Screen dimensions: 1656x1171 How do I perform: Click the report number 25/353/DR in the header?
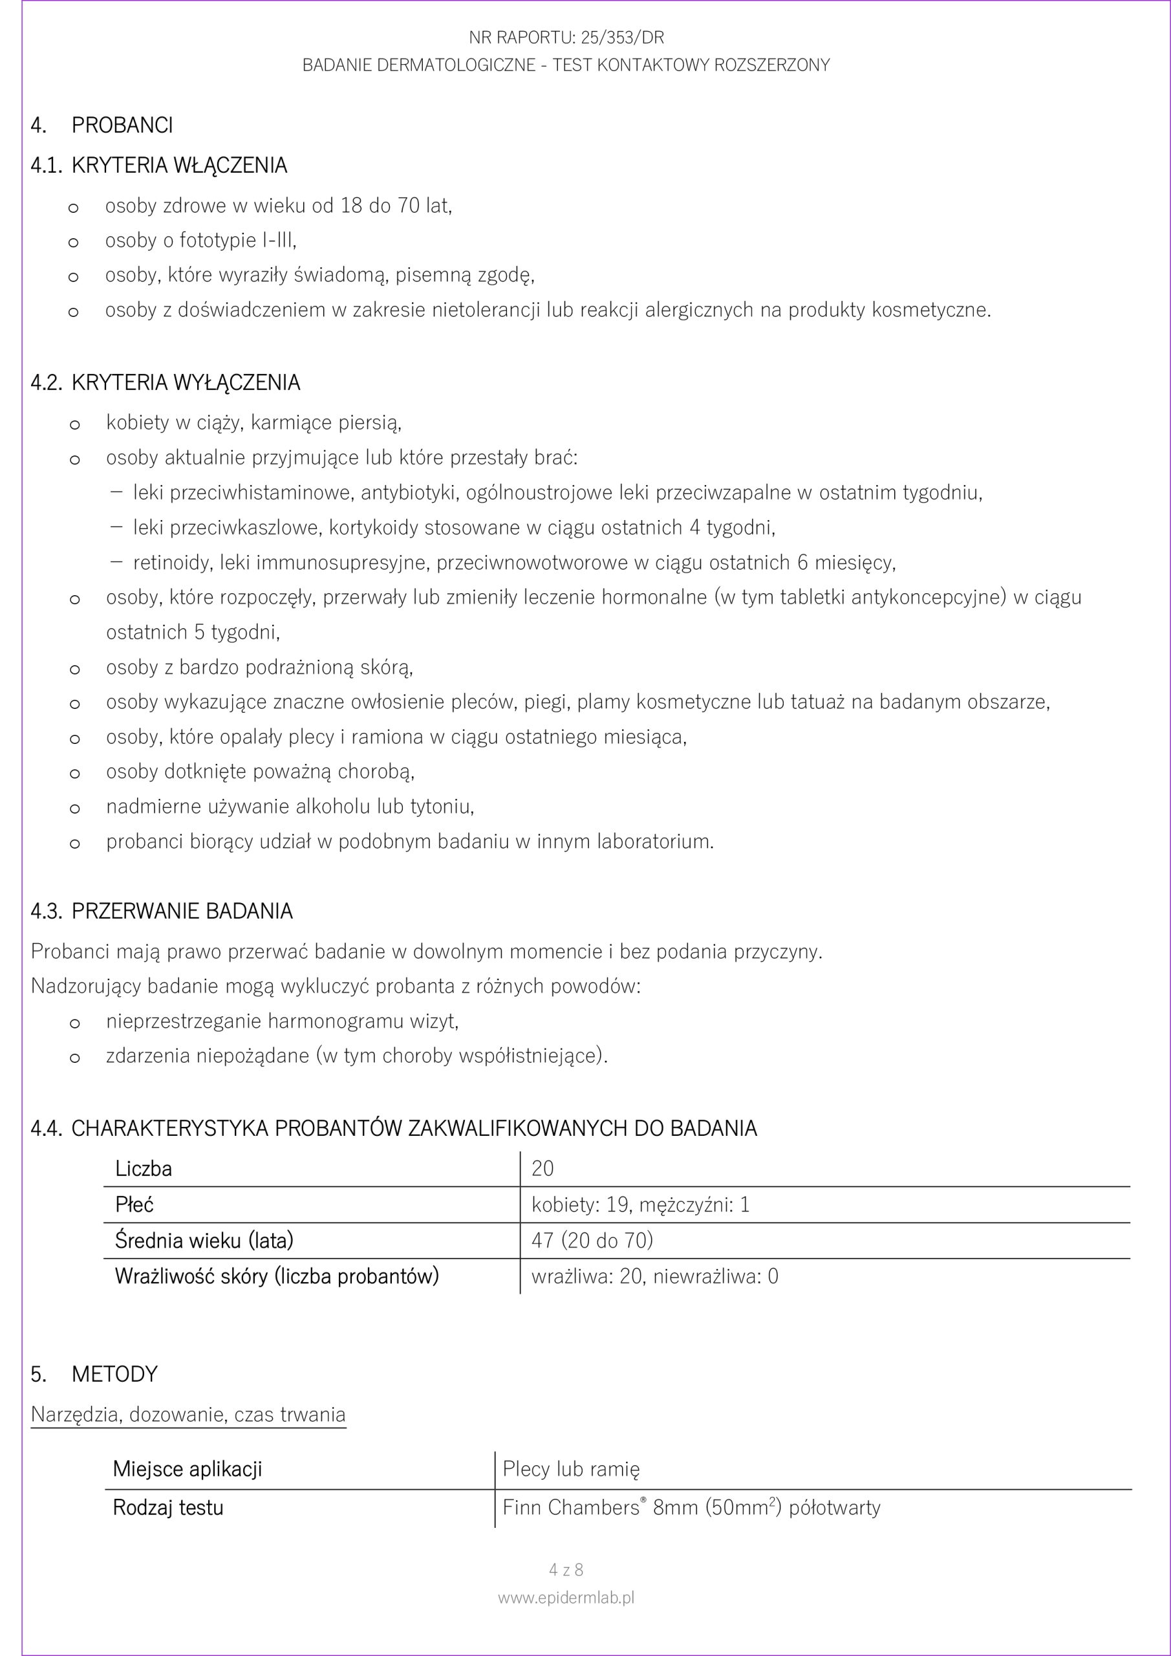622,38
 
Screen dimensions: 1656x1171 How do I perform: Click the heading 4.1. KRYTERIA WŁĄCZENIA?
158,166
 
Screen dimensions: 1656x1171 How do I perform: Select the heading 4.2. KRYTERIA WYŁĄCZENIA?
165,382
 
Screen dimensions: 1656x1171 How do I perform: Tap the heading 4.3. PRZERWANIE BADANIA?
162,911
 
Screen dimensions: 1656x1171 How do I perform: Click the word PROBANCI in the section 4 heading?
122,125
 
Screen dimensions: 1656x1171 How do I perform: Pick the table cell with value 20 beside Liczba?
543,1168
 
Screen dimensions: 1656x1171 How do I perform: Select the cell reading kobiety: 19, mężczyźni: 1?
640,1204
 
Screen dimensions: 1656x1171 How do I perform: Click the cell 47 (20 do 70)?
592,1241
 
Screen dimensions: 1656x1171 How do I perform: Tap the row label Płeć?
134,1204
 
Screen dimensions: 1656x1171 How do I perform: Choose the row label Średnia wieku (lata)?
204,1241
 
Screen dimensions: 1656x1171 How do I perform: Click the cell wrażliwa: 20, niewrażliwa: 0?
655,1277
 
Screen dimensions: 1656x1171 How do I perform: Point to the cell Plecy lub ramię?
570,1469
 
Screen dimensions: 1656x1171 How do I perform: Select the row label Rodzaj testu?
167,1507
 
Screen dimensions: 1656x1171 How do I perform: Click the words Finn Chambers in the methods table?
570,1507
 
